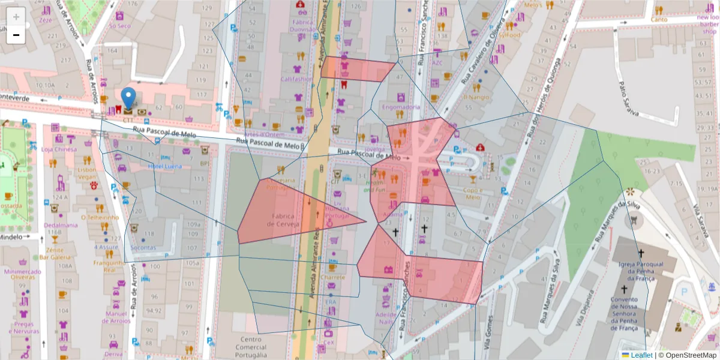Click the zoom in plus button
[16, 16]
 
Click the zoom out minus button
[16, 35]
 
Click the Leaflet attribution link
[641, 355]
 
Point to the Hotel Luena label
[164, 165]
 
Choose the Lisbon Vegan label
[87, 173]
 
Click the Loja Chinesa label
[59, 149]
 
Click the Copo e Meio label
[473, 193]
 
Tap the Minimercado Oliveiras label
[23, 274]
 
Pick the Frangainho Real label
[108, 266]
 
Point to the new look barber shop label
[707, 25]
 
